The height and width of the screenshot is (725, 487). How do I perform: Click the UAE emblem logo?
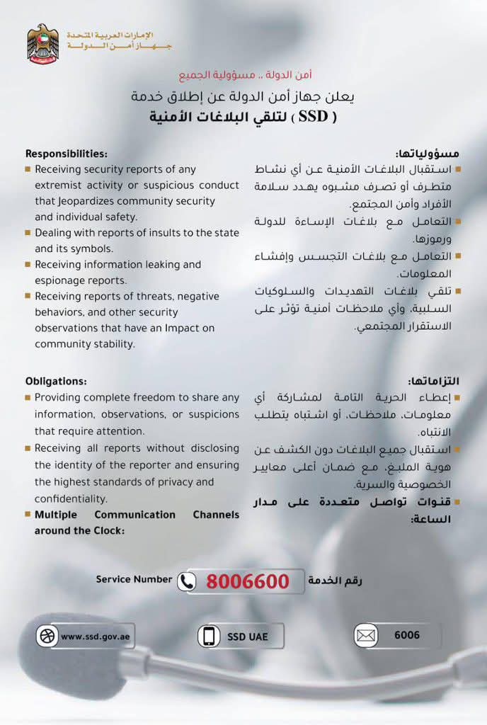pyautogui.click(x=43, y=44)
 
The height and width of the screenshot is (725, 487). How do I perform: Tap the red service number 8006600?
pyautogui.click(x=248, y=581)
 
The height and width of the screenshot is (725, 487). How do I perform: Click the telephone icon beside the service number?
pyautogui.click(x=187, y=581)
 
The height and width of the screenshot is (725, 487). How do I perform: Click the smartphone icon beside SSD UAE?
pyautogui.click(x=209, y=636)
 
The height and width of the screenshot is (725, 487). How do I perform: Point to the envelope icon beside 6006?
pyautogui.click(x=365, y=636)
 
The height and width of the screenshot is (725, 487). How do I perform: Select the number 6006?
pyautogui.click(x=407, y=635)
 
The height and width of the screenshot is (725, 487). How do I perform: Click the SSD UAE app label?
pyautogui.click(x=248, y=636)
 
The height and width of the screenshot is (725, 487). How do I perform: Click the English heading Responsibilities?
pyautogui.click(x=66, y=154)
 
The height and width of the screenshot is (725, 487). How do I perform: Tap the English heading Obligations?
pyautogui.click(x=56, y=381)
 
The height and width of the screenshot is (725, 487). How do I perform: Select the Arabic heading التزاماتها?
pyautogui.click(x=434, y=381)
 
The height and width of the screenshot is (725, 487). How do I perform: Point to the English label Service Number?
pyautogui.click(x=134, y=579)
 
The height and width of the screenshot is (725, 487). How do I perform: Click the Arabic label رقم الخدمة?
pyautogui.click(x=336, y=581)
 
